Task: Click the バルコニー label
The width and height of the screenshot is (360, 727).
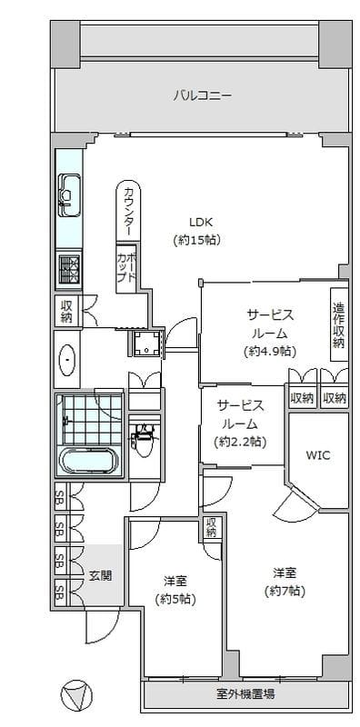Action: pyautogui.click(x=203, y=96)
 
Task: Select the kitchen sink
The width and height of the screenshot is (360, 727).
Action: pyautogui.click(x=69, y=195)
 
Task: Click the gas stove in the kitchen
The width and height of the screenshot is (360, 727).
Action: pyautogui.click(x=69, y=269)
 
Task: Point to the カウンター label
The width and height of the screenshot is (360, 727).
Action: pyautogui.click(x=129, y=212)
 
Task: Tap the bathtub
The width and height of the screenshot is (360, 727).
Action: pyautogui.click(x=89, y=461)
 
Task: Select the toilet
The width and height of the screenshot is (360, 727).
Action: pyautogui.click(x=145, y=435)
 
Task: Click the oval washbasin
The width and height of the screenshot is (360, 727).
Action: pyautogui.click(x=68, y=360)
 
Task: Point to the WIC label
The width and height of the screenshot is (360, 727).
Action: pyautogui.click(x=318, y=455)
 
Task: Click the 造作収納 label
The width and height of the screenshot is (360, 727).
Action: pyautogui.click(x=339, y=324)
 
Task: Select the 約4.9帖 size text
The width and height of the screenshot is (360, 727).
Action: pyautogui.click(x=270, y=351)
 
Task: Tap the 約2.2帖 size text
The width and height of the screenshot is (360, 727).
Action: pyautogui.click(x=240, y=443)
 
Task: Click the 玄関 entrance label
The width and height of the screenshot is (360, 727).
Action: pyautogui.click(x=100, y=576)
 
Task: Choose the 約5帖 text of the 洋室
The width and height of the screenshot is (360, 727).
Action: pyautogui.click(x=175, y=599)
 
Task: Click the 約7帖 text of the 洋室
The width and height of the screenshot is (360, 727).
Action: pyautogui.click(x=285, y=592)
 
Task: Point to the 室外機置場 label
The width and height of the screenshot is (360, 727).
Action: pyautogui.click(x=245, y=694)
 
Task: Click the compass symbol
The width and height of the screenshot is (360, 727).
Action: pyautogui.click(x=76, y=696)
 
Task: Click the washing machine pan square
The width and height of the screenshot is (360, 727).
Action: pyautogui.click(x=146, y=344)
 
